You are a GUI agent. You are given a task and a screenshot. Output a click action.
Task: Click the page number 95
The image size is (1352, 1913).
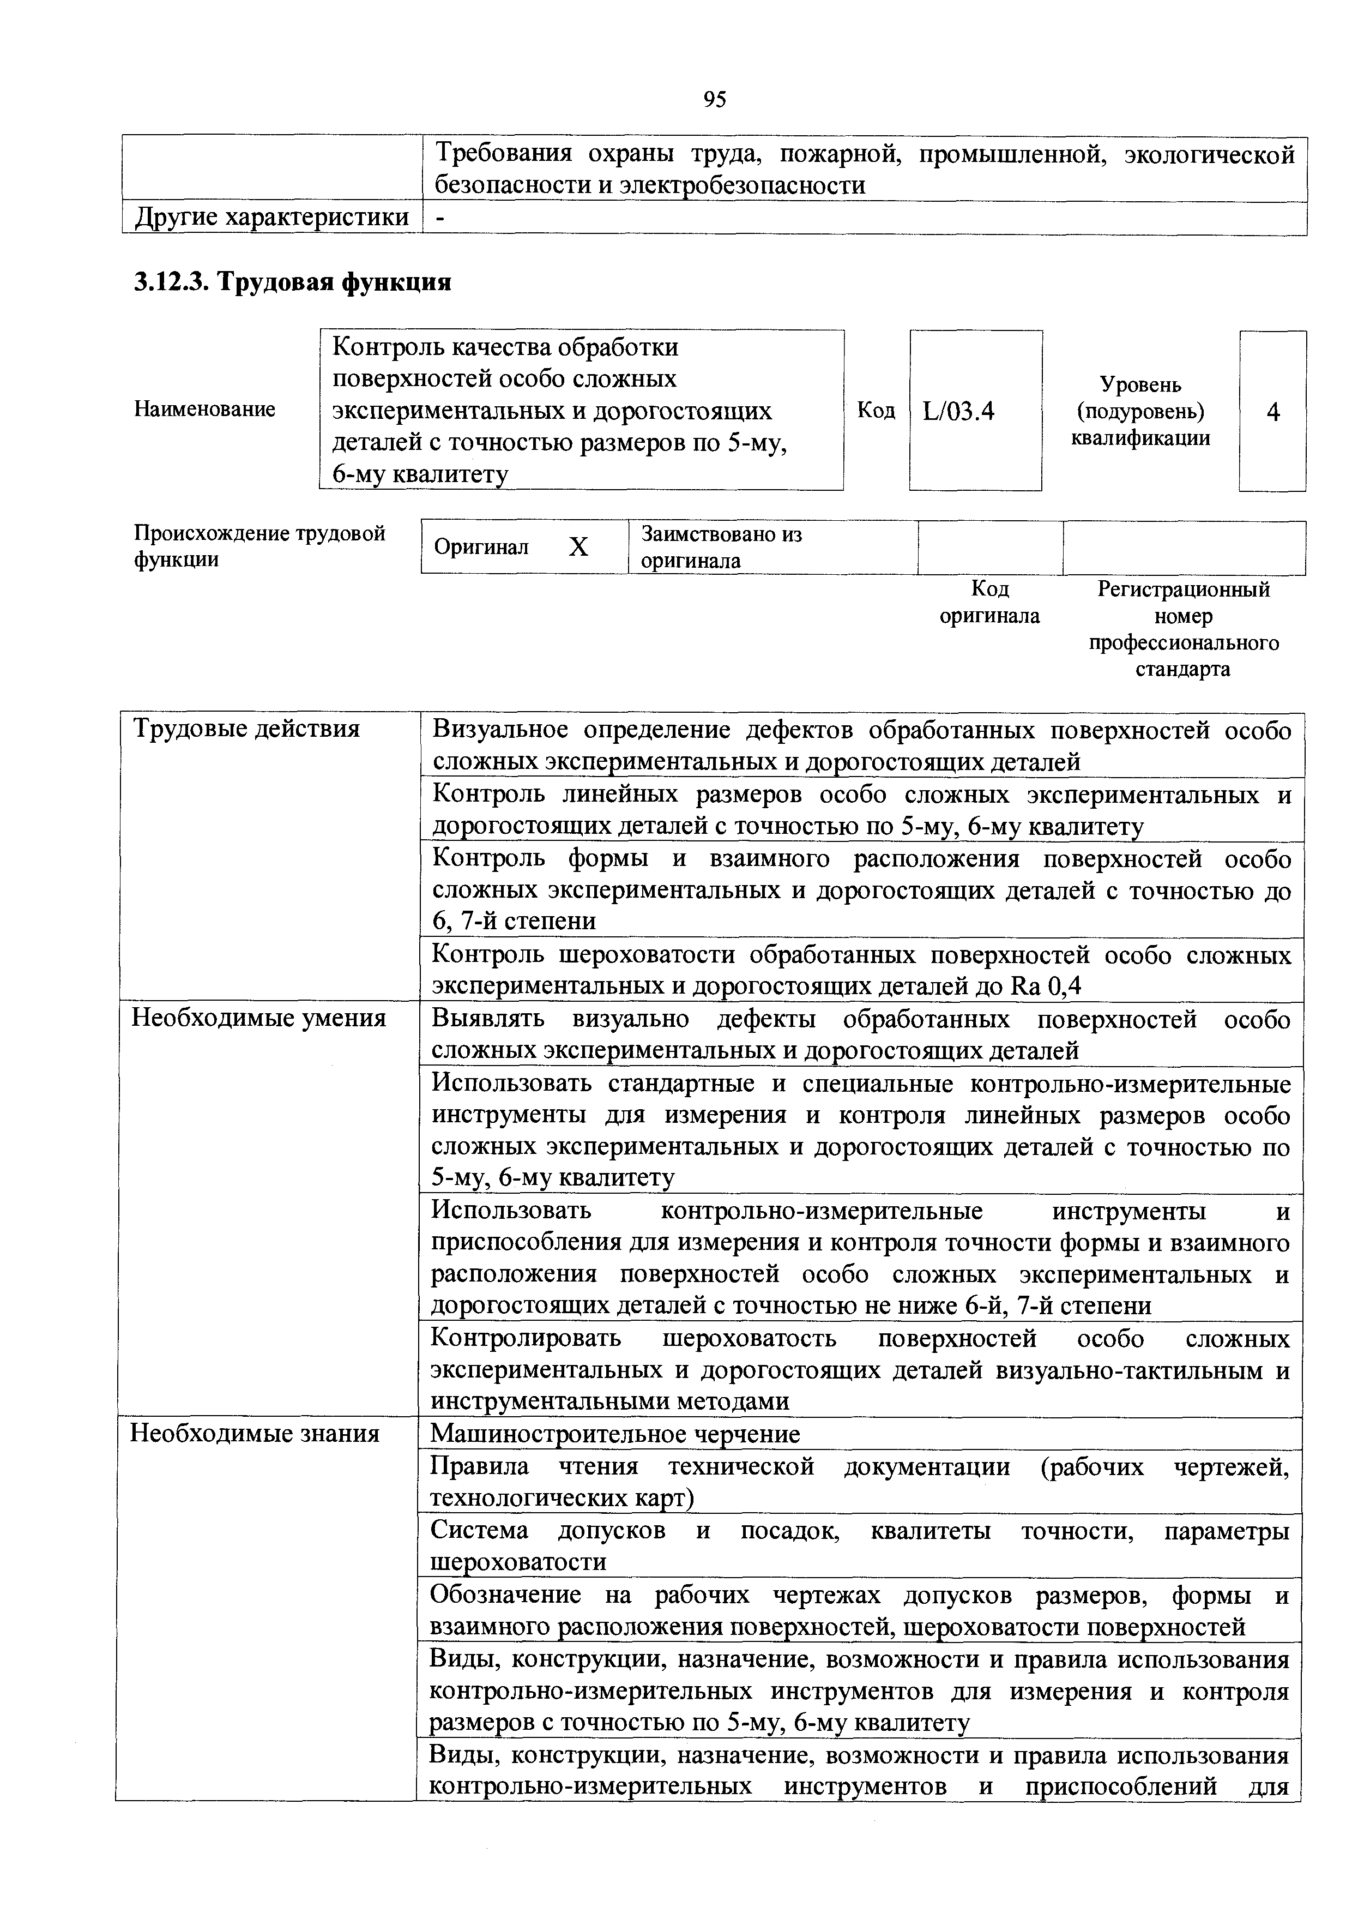[714, 100]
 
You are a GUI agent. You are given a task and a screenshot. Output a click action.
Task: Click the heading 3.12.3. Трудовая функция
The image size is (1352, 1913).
[292, 282]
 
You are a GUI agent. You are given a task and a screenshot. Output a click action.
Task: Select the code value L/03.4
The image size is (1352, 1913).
[959, 412]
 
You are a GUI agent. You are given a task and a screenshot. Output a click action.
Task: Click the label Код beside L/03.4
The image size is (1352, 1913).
[876, 411]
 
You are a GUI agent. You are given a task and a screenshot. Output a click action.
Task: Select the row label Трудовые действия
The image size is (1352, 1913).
[246, 729]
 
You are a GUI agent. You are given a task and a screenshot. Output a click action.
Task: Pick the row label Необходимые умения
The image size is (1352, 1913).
[259, 1018]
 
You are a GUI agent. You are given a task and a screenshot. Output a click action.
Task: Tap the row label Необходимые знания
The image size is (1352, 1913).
[256, 1433]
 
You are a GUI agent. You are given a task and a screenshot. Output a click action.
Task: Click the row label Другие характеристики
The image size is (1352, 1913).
[271, 218]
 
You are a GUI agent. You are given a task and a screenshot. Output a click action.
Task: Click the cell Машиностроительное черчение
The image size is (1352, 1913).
[615, 1434]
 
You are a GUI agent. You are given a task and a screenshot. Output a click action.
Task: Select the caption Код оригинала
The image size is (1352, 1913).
[989, 603]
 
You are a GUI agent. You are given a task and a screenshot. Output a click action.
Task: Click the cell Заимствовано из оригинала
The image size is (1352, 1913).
[721, 548]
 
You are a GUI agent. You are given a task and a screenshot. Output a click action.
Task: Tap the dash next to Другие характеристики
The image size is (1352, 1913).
[440, 218]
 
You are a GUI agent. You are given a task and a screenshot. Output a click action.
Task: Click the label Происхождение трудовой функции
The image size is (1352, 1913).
[259, 546]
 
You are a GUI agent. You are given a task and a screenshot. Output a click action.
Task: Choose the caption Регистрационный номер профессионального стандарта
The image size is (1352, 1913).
[1184, 629]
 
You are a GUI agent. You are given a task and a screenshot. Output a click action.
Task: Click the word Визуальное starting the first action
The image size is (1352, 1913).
[500, 731]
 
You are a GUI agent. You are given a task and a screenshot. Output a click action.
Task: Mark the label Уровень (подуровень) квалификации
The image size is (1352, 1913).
[1140, 412]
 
